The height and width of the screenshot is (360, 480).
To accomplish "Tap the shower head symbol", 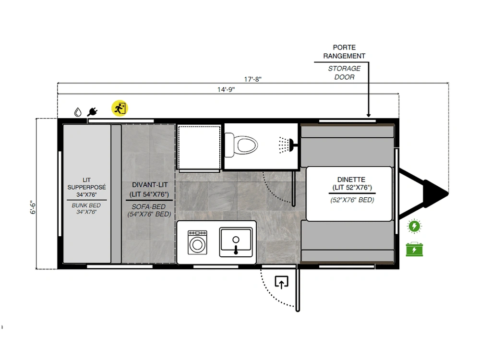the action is point(286,145).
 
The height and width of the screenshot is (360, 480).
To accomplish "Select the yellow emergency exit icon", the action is point(120,108).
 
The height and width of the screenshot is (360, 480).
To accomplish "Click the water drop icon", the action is point(78,112).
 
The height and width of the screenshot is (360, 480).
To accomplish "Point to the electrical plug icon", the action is point(92,112).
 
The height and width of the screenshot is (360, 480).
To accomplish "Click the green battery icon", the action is point(414,249).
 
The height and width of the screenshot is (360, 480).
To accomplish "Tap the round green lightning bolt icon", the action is point(415,227).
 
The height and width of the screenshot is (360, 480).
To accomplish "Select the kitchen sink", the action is point(236,242).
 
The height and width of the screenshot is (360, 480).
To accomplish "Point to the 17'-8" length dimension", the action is point(252,79).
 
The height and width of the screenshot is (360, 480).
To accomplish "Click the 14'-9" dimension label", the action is point(226,89).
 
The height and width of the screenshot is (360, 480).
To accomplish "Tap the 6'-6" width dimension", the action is point(33,207).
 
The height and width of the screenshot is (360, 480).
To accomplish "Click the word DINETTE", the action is point(351,180).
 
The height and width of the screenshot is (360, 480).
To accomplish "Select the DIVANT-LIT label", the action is point(150,185).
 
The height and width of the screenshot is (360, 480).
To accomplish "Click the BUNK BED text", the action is point(86,205).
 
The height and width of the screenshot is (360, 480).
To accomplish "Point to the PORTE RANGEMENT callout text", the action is point(344,52).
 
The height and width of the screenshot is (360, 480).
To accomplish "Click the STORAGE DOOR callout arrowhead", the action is point(369,115).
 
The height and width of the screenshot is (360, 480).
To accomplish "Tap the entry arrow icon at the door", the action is point(281,282).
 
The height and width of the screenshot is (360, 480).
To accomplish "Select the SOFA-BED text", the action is point(148,206).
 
